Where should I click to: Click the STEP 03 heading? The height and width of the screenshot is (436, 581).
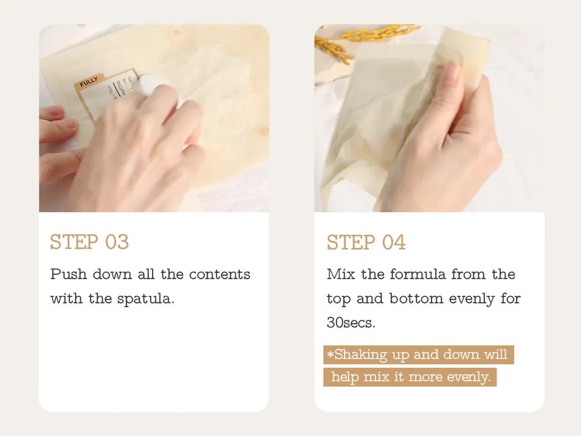click(x=89, y=242)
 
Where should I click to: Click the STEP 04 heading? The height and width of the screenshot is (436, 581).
click(x=366, y=242)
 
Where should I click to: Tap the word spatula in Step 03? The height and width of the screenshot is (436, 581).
click(x=146, y=298)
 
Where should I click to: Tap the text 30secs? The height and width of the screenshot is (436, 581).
click(x=351, y=322)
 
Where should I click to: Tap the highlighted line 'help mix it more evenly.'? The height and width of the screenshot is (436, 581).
click(x=410, y=377)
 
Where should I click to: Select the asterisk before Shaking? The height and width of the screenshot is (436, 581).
click(x=330, y=355)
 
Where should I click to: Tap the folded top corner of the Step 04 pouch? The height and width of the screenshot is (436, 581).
click(x=466, y=51)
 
